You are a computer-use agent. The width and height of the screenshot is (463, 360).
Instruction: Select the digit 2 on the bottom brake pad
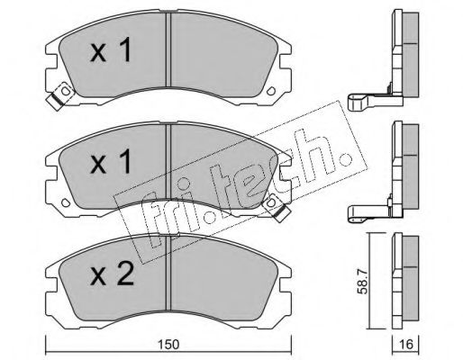(x=125, y=273)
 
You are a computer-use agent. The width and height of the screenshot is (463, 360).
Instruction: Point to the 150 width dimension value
(x=169, y=345)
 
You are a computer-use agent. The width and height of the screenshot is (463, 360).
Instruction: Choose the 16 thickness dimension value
(x=406, y=345)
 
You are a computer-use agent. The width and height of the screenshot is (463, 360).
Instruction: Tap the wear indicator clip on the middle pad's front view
(x=276, y=207)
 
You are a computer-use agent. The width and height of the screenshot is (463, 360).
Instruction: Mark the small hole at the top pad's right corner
(x=271, y=91)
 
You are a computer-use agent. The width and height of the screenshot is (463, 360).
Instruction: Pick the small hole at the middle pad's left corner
(x=65, y=202)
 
